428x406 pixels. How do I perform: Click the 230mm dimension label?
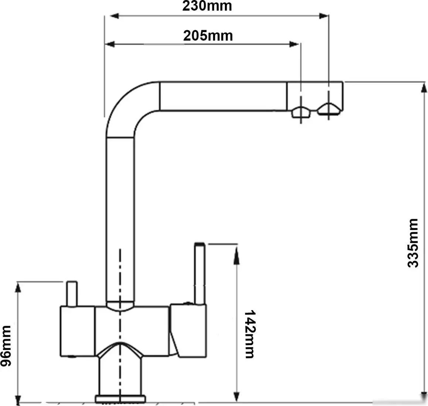tap(207, 6)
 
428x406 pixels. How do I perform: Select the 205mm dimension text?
tap(208, 36)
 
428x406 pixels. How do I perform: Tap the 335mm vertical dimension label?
tap(413, 243)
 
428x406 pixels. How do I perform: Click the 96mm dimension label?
tap(6, 346)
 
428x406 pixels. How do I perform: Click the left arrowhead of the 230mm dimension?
tap(114, 16)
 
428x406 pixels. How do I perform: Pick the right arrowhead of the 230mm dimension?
tap(323, 16)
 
